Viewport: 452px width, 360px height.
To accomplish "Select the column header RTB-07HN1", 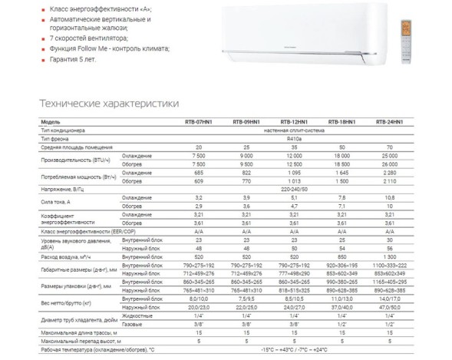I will click(199, 122).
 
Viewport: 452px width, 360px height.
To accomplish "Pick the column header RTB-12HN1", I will click(294, 122).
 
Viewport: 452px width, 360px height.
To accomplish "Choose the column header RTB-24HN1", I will click(388, 122).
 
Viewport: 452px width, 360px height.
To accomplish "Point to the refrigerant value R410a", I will click(294, 137).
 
